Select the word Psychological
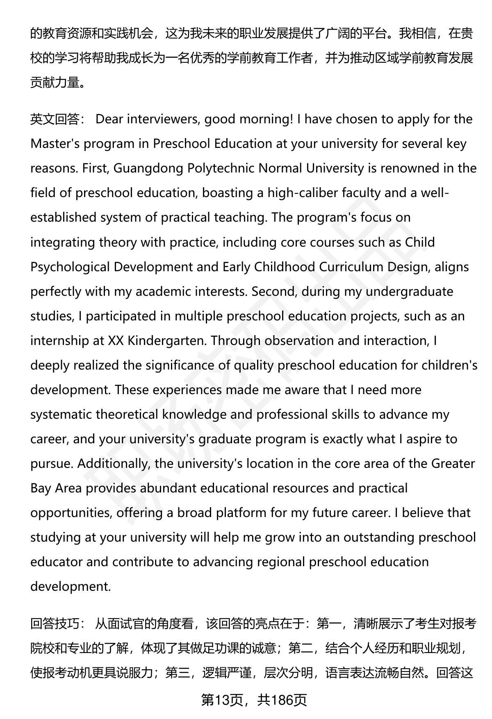click(70, 267)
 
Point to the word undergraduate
click(409, 292)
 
